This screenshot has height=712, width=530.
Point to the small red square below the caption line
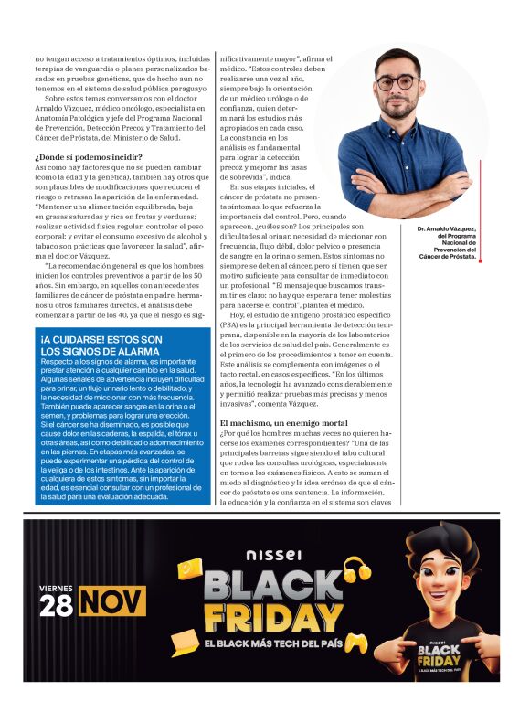pyautogui.click(x=479, y=261)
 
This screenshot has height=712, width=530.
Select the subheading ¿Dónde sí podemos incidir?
pyautogui.click(x=88, y=157)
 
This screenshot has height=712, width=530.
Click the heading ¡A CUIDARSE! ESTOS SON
pyautogui.click(x=101, y=339)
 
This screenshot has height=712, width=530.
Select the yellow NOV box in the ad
pyautogui.click(x=113, y=602)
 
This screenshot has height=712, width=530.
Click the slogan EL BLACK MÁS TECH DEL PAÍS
pyautogui.click(x=271, y=646)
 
